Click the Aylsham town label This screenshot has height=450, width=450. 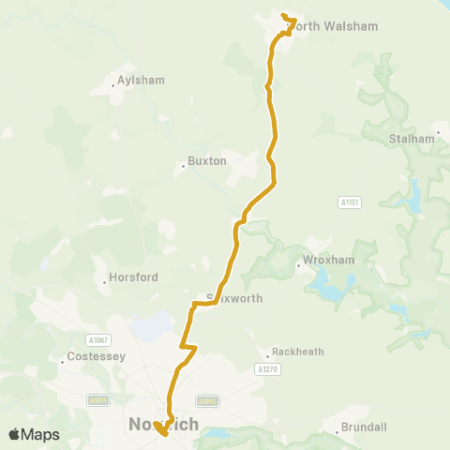(x=141, y=81)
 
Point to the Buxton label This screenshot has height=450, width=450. (x=207, y=161)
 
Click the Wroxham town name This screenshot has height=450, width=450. (x=326, y=260)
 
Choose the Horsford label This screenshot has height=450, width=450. (x=134, y=277)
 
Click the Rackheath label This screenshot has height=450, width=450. (x=297, y=352)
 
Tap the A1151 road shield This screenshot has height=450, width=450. (x=350, y=202)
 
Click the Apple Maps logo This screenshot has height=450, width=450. (x=34, y=434)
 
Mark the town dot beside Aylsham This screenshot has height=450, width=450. (x=112, y=85)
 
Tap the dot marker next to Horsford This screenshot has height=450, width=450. (x=105, y=282)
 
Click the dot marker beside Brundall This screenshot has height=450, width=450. (x=337, y=432)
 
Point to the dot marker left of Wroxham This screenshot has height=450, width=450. (x=298, y=264)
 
